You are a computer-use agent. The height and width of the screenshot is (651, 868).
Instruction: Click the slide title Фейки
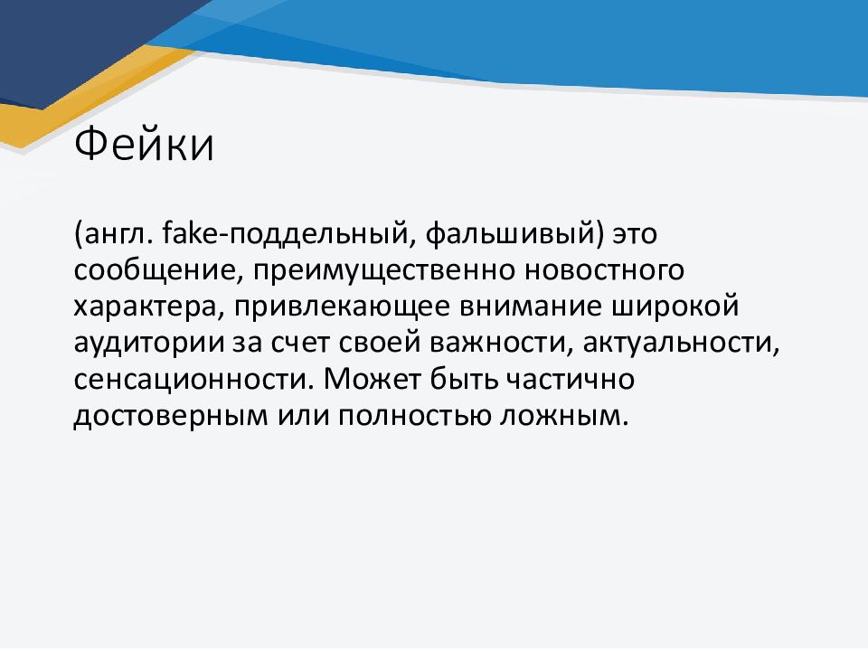pyautogui.click(x=144, y=144)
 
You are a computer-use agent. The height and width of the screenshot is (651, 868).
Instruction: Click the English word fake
pyautogui.click(x=191, y=233)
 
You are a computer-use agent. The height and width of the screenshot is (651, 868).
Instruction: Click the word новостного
pyautogui.click(x=604, y=270)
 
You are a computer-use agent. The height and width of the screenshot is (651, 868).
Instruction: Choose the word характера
pyautogui.click(x=145, y=307)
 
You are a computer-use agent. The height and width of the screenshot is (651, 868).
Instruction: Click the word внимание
pyautogui.click(x=531, y=307)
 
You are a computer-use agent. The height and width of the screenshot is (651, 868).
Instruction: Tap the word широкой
pyautogui.click(x=675, y=307)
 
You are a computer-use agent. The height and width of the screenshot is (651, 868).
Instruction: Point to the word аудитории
pyautogui.click(x=149, y=344)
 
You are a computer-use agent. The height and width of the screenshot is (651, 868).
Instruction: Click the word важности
pyautogui.click(x=496, y=344)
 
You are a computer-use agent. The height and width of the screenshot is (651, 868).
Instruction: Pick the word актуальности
pyautogui.click(x=677, y=344)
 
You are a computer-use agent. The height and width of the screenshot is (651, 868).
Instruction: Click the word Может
pyautogui.click(x=373, y=379)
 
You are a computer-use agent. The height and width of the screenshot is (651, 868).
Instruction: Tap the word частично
pyautogui.click(x=571, y=381)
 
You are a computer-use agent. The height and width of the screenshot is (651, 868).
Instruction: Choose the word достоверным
pyautogui.click(x=171, y=416)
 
